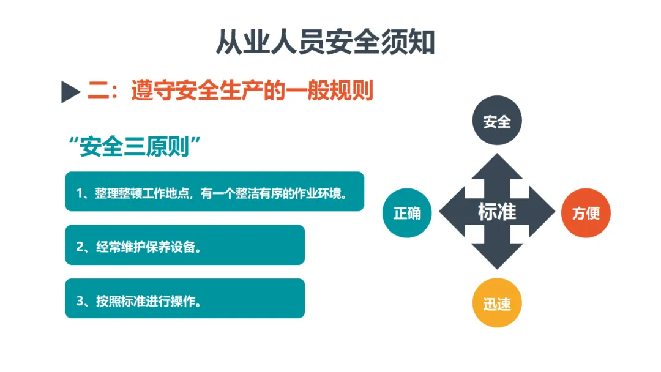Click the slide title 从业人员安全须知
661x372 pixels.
(x=326, y=42)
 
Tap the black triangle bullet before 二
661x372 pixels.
(x=70, y=91)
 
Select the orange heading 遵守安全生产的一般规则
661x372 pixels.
(x=252, y=90)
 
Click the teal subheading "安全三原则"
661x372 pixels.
(x=135, y=147)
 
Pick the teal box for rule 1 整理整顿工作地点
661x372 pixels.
(x=215, y=192)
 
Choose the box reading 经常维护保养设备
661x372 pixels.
(x=185, y=245)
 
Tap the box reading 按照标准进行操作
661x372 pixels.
(x=185, y=299)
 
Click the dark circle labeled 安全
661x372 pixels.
(x=497, y=121)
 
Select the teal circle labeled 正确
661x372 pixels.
(x=407, y=213)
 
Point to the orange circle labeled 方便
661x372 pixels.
(x=586, y=213)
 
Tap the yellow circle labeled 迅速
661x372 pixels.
(x=497, y=302)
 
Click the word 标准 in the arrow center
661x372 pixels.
(x=497, y=212)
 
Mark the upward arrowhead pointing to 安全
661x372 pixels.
(x=497, y=167)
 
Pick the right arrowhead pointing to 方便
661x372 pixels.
(x=542, y=211)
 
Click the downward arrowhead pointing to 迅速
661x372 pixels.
(x=497, y=256)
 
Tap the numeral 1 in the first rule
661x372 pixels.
(x=79, y=193)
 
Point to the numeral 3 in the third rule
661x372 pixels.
(x=80, y=301)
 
